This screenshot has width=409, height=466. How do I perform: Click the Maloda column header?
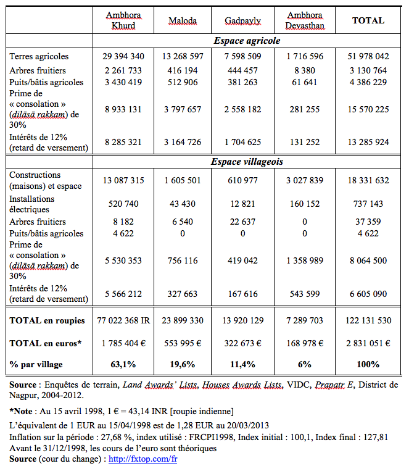point(183,20)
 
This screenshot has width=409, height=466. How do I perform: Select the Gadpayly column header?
point(242,20)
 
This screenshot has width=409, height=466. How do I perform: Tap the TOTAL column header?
point(368,20)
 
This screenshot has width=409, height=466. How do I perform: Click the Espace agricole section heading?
point(247,41)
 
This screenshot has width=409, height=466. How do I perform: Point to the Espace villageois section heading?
point(247,162)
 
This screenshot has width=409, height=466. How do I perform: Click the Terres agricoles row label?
point(39,57)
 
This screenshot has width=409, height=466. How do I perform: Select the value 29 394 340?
point(123,57)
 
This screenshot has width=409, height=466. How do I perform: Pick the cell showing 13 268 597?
point(183,57)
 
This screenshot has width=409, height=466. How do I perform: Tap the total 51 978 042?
point(368,57)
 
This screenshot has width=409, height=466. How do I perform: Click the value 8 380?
point(307,70)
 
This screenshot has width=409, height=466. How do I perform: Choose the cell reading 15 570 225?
point(368,109)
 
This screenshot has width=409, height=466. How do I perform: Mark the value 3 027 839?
point(307,180)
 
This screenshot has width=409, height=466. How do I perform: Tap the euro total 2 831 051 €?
point(368,343)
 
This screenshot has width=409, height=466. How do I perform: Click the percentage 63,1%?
point(123,364)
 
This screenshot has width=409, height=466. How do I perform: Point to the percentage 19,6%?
point(183,364)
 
